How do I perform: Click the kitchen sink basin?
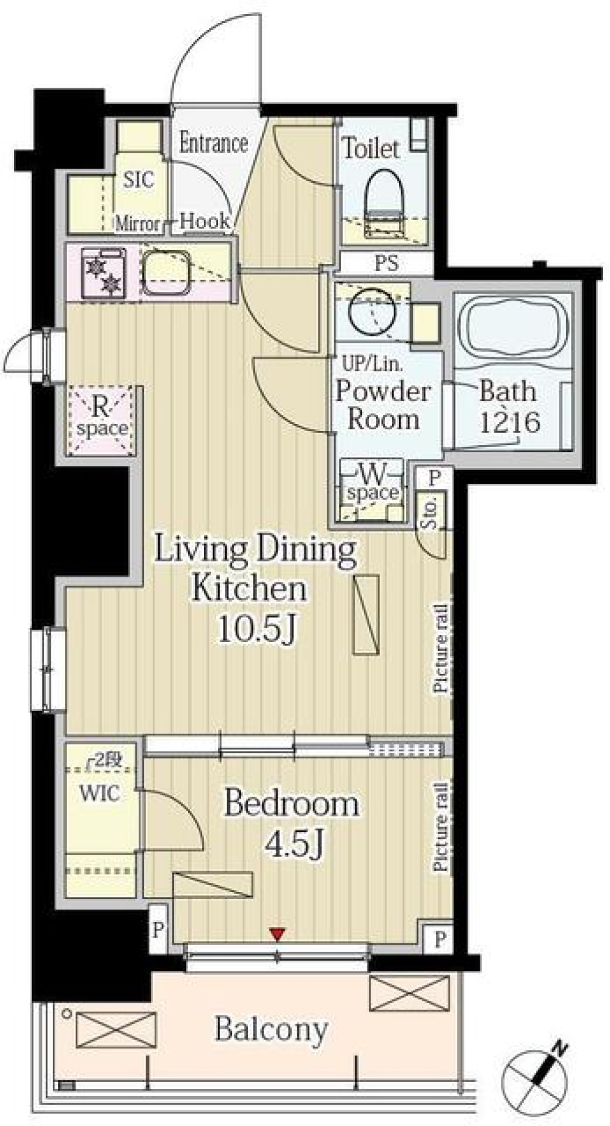(166, 273)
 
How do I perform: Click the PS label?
(386, 263)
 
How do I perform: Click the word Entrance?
(213, 143)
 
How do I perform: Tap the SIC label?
(139, 180)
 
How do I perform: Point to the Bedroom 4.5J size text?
(295, 844)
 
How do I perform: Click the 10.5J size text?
(257, 629)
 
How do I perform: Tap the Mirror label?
(137, 223)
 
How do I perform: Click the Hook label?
(205, 221)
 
